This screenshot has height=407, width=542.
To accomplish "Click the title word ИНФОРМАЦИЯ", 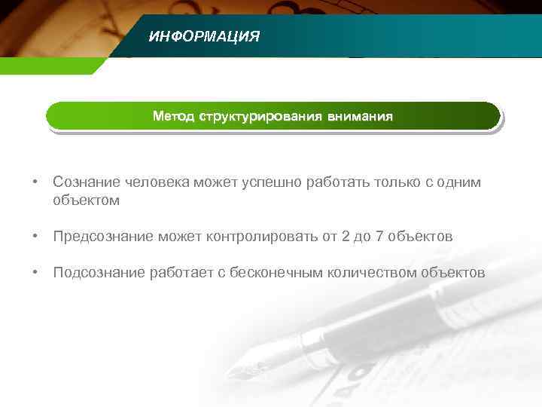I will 204,36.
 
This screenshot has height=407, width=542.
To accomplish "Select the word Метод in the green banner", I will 173,117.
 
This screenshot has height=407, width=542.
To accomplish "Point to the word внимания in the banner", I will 359,117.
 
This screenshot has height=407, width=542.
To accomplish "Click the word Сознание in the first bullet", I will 83,182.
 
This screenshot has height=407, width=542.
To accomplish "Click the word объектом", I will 86,200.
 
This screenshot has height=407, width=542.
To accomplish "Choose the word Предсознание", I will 103,237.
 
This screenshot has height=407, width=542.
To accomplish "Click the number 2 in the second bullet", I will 346,237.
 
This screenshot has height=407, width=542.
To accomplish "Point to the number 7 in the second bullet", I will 380,237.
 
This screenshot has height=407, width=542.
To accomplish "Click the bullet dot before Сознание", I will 35,183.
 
